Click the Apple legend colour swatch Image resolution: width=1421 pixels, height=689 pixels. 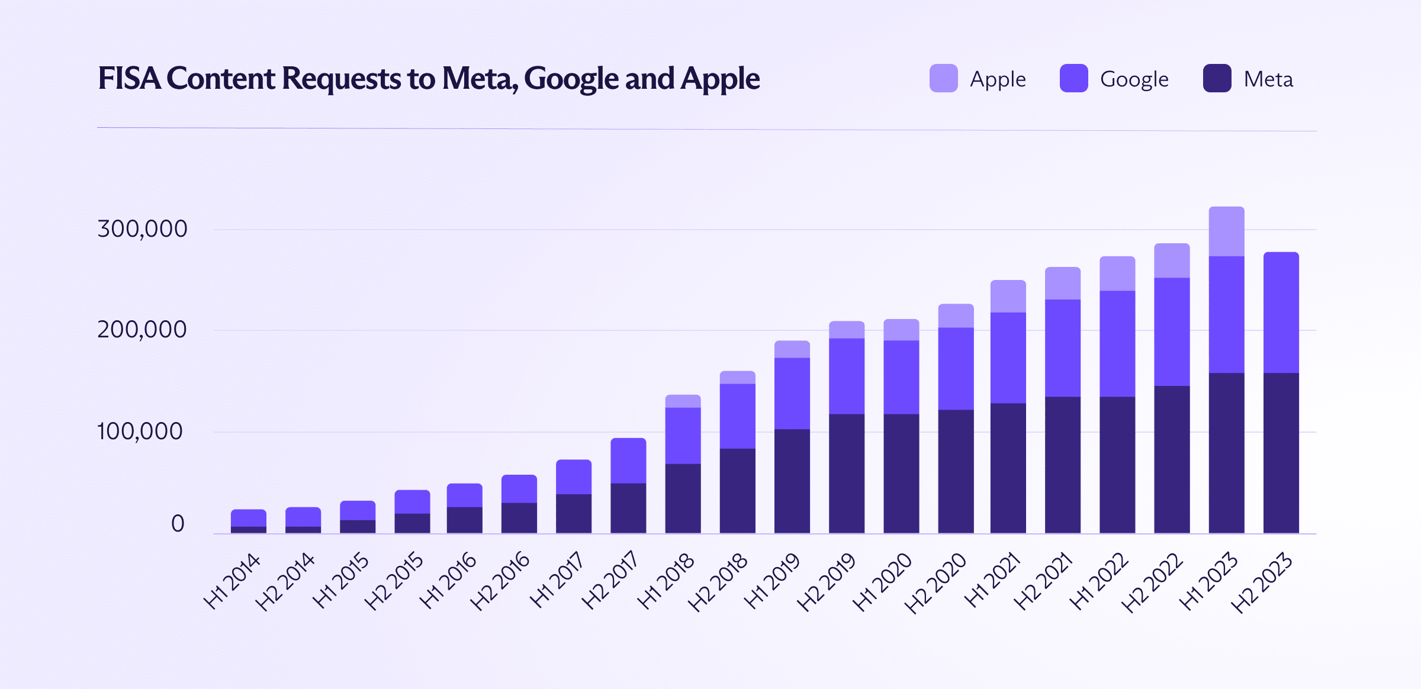pyautogui.click(x=943, y=78)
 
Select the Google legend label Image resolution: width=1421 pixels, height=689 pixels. pyautogui.click(x=1134, y=79)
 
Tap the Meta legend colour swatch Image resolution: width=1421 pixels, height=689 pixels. pyautogui.click(x=1217, y=78)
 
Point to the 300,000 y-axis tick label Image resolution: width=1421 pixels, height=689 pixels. pyautogui.click(x=142, y=229)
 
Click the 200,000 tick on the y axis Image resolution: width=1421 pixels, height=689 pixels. pyautogui.click(x=142, y=330)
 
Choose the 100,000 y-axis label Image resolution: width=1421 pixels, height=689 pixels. pyautogui.click(x=140, y=432)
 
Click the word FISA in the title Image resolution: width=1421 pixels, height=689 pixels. pyautogui.click(x=129, y=78)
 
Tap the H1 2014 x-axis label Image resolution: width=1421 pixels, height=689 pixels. pyautogui.click(x=232, y=581)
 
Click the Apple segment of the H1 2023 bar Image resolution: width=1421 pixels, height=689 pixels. pyautogui.click(x=1226, y=231)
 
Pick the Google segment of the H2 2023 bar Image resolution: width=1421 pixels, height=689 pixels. pyautogui.click(x=1281, y=313)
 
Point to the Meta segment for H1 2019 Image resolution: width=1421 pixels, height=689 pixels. pyautogui.click(x=792, y=481)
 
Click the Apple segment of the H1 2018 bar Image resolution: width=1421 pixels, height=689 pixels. pyautogui.click(x=683, y=401)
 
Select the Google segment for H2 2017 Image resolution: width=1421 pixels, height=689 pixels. pyautogui.click(x=628, y=461)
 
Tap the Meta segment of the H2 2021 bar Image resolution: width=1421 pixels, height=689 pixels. pyautogui.click(x=1062, y=465)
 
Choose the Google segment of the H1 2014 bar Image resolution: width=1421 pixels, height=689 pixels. pyautogui.click(x=248, y=518)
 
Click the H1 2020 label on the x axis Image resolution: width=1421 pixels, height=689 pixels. pyautogui.click(x=882, y=581)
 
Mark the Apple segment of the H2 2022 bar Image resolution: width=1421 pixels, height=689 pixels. pyautogui.click(x=1172, y=260)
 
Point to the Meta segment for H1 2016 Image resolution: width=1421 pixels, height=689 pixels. pyautogui.click(x=464, y=520)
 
